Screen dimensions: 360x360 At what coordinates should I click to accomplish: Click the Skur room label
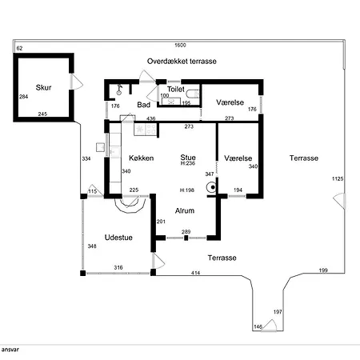coord(43,87)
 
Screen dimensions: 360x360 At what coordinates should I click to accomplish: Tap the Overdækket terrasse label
coord(182,62)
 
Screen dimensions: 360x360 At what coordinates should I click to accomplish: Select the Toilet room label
coord(176,89)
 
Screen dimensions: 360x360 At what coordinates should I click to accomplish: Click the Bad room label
coord(144,105)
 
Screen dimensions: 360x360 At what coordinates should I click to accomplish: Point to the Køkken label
coord(142,158)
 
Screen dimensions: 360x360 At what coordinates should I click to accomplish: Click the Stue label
coord(188,157)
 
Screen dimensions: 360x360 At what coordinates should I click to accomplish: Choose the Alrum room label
coord(185,210)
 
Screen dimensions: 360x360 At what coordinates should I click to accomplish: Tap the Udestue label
coord(118,238)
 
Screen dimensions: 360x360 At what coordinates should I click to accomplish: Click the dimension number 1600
coord(180,45)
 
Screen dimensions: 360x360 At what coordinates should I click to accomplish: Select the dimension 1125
coord(338,178)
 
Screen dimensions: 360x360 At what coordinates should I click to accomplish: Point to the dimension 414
coord(195,273)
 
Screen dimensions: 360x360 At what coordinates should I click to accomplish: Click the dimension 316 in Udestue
coord(118,267)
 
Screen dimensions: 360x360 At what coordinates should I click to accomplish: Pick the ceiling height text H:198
coord(187,190)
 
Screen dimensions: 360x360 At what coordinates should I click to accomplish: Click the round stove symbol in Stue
coord(211,187)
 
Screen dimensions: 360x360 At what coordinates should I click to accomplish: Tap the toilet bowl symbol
coord(193,94)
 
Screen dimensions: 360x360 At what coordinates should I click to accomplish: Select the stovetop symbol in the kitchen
coord(145,130)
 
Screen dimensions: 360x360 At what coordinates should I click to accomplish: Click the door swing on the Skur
coord(77,82)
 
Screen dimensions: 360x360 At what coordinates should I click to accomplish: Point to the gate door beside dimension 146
coord(269,326)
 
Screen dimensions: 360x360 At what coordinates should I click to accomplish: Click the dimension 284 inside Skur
coord(23,97)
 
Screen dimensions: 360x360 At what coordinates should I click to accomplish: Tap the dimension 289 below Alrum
coord(186,232)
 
